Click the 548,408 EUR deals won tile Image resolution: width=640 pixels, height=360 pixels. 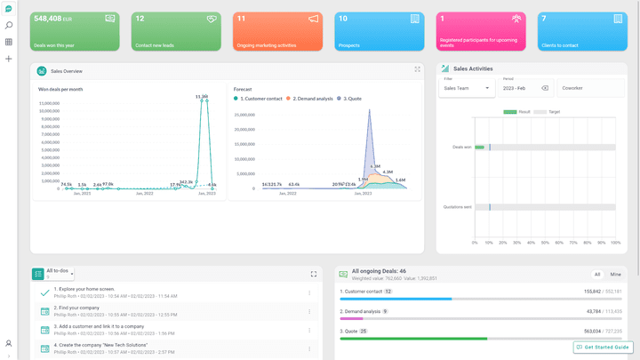click(75, 31)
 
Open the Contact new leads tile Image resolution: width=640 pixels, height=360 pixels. click(176, 31)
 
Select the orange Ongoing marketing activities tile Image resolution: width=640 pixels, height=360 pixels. click(277, 31)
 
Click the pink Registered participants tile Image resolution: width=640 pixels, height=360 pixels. click(481, 31)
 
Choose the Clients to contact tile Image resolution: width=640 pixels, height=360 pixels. click(581, 31)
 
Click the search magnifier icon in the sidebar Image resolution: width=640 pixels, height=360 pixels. click(9, 26)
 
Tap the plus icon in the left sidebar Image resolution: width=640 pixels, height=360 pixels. click(9, 59)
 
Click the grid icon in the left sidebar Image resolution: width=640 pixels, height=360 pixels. click(9, 42)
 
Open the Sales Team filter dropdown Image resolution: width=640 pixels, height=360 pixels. click(467, 88)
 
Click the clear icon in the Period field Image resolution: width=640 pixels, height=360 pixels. click(545, 88)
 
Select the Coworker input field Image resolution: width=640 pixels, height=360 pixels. click(591, 88)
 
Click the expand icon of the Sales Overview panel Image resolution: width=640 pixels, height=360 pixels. click(417, 69)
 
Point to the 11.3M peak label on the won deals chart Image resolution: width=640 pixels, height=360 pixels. click(202, 96)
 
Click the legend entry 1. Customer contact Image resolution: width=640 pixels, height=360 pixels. click(260, 99)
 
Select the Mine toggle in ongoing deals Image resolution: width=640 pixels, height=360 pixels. click(615, 275)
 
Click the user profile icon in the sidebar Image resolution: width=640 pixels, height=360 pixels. click(9, 343)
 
